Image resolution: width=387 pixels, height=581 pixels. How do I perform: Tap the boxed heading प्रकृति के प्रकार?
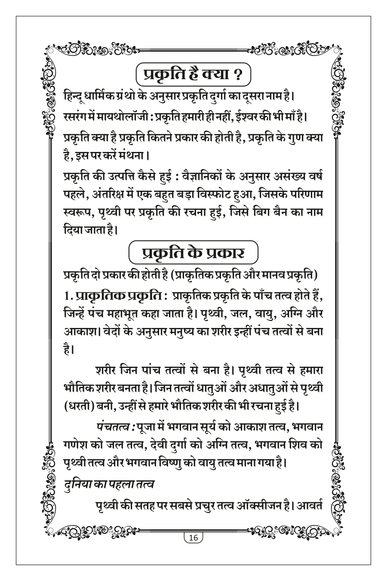[193, 253]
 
